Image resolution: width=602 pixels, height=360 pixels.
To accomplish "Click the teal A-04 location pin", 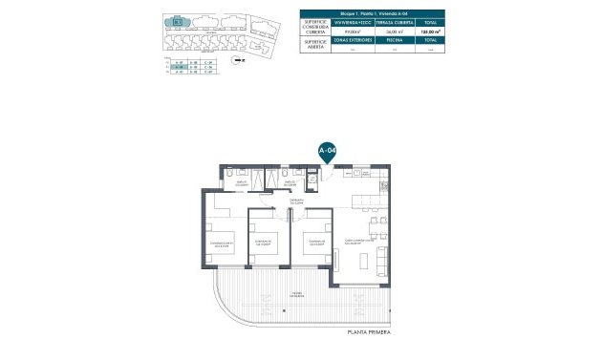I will [326, 152].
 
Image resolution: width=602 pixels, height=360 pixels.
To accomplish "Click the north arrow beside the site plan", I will [240, 59].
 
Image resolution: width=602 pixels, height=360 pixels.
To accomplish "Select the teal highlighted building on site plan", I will [178, 21].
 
